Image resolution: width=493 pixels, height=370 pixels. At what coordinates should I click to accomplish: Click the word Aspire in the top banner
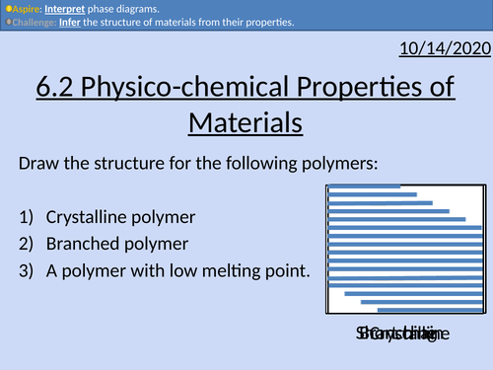(x=27, y=8)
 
